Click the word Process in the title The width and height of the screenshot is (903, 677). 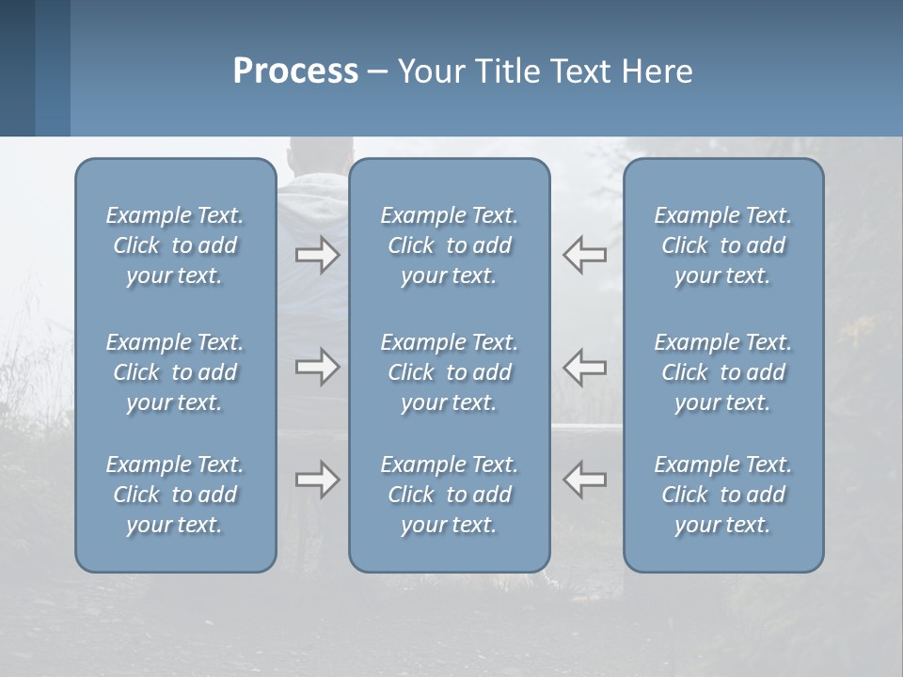click(x=295, y=71)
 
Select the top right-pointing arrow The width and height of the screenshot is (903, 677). click(x=317, y=255)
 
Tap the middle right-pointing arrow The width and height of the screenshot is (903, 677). click(x=317, y=366)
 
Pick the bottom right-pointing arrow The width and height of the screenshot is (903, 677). click(x=317, y=480)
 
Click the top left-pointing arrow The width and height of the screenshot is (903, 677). click(x=584, y=255)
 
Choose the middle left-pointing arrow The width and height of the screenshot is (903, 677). click(x=584, y=366)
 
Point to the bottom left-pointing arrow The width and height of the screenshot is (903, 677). click(x=584, y=480)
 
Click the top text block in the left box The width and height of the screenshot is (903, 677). click(x=175, y=245)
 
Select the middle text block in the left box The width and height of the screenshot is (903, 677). click(x=175, y=372)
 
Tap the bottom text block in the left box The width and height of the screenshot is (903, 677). click(x=175, y=495)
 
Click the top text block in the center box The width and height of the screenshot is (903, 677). click(x=449, y=245)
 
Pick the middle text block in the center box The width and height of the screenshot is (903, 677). click(x=449, y=372)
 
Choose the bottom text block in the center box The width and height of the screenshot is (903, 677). click(x=449, y=495)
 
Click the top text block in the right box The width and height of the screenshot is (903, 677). click(x=722, y=245)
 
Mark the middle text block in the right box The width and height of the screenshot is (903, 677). click(x=722, y=372)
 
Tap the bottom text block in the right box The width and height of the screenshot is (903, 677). click(x=722, y=495)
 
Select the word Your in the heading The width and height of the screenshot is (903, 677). click(x=429, y=71)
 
